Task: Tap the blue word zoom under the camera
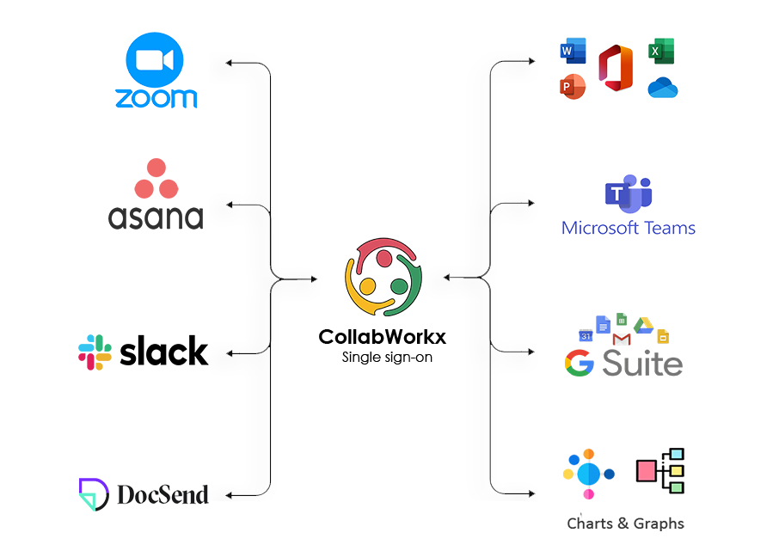click(x=156, y=98)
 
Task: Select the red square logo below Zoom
click(x=156, y=179)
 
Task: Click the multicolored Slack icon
click(x=97, y=352)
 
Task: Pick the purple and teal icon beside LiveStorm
click(x=94, y=494)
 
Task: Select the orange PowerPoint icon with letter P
click(x=568, y=87)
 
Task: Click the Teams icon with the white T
click(x=621, y=193)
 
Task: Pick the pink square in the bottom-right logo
click(x=647, y=470)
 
